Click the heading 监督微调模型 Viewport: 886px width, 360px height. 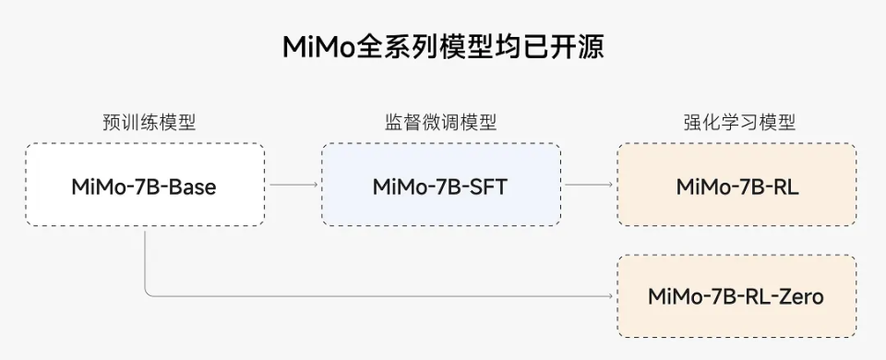coord(440,123)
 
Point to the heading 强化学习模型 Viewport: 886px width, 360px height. coord(738,123)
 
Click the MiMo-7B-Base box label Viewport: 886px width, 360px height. coord(144,186)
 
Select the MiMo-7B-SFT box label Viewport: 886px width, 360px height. coord(440,186)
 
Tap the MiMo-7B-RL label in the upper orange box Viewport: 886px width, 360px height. coord(736,186)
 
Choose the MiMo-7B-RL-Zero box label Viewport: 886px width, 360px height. coord(736,296)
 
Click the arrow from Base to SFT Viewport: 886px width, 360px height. coord(293,185)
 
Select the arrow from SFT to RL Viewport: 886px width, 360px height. coord(589,185)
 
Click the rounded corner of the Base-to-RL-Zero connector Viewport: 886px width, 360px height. coord(148,294)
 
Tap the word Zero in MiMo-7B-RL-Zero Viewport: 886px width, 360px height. coord(798,296)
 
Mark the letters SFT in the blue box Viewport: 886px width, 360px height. coord(485,186)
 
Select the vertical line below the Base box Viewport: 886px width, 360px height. coord(145,258)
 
